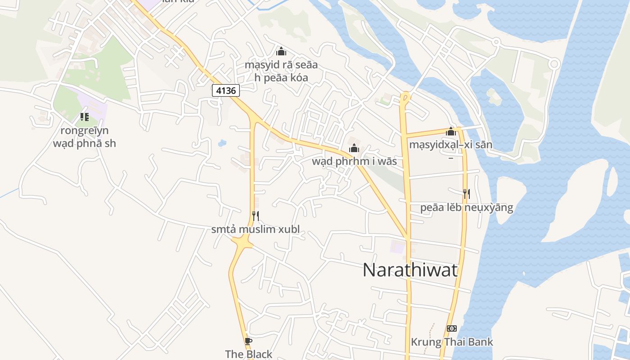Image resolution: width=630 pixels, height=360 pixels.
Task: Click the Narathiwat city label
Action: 410,270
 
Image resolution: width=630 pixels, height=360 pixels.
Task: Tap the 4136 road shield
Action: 225,90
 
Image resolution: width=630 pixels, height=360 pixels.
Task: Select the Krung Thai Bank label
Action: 452,342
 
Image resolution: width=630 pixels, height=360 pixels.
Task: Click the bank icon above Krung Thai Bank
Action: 452,328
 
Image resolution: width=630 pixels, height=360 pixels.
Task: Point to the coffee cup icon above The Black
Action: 248,341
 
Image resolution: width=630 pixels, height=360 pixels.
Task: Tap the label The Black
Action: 248,354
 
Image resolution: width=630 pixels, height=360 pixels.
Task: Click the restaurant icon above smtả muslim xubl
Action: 255,216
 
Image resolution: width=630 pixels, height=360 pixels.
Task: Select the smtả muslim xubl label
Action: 255,229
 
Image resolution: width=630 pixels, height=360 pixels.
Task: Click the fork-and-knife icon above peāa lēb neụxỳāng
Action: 466,194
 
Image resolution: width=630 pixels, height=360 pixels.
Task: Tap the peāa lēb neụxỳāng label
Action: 467,207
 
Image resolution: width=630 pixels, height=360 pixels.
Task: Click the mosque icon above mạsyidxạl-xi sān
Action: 451,131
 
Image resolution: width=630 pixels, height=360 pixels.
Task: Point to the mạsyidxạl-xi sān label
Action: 450,145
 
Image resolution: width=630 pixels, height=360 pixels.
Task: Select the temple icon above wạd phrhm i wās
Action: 354,148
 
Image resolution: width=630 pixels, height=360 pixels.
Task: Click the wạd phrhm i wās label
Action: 355,161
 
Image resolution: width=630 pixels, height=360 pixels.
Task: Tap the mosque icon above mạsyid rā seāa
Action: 281,51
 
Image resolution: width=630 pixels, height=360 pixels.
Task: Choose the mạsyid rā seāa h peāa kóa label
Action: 281,71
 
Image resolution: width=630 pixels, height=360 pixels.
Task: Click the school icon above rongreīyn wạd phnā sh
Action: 84,117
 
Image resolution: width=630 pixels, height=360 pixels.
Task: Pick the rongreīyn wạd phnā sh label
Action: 85,137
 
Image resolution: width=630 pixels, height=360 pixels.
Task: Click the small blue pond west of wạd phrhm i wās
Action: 222,144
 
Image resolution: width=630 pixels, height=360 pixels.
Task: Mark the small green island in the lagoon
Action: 494,96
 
